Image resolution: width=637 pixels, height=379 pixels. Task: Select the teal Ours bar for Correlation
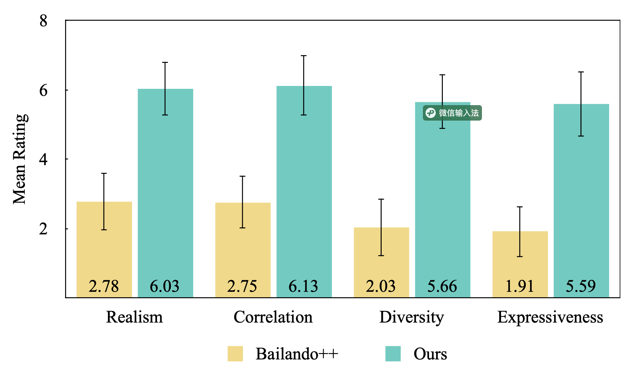point(304,192)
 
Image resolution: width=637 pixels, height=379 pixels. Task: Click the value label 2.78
point(104,286)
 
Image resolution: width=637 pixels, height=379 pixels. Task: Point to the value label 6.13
point(303,286)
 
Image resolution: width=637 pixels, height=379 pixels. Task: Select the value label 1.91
point(520,286)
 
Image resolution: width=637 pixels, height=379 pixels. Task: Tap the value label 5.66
point(442,286)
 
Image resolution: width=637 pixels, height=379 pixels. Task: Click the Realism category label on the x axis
point(135,317)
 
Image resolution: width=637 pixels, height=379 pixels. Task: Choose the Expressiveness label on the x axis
point(550,317)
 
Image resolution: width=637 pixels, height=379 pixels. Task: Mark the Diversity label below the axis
point(412,317)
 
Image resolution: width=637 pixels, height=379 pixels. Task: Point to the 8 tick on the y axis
point(44,21)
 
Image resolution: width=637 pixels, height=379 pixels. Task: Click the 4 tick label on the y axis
point(44,159)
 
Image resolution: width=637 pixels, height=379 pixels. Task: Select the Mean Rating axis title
point(20,159)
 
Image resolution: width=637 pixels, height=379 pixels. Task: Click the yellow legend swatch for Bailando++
point(235,354)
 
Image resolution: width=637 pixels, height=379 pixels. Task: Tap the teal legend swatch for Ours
point(393,354)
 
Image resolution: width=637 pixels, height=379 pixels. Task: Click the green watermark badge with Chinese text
point(452,113)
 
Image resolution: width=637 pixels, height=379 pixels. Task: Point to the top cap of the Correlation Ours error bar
point(304,56)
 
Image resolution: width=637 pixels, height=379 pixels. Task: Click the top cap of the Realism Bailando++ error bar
point(104,173)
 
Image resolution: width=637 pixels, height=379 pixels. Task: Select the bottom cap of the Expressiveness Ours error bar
point(581,136)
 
